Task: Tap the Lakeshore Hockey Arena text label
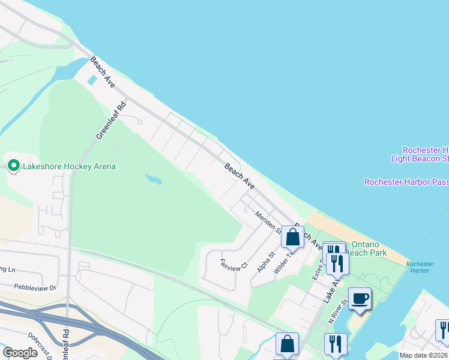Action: (69, 166)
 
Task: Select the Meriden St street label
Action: (268, 222)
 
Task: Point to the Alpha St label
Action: (265, 262)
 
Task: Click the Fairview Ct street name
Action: (234, 265)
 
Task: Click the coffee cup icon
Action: (360, 298)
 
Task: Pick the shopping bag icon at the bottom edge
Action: (287, 344)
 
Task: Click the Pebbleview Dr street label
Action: (35, 288)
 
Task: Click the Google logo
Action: (20, 352)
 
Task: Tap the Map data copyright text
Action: (423, 355)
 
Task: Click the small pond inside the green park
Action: (153, 179)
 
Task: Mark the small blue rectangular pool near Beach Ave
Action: (92, 80)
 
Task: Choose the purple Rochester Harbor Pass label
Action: (406, 182)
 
